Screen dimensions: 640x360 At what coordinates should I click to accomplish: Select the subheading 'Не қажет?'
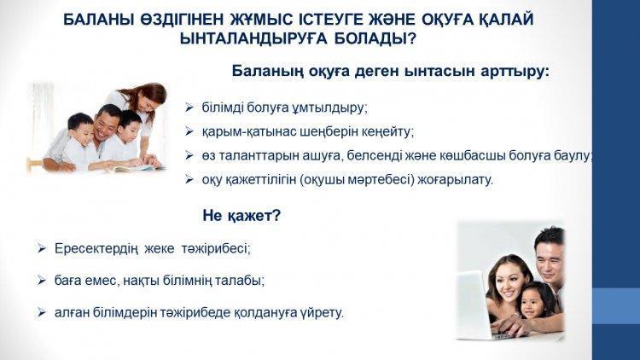(x=241, y=216)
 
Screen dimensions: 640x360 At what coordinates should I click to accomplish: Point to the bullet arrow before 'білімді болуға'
(x=189, y=107)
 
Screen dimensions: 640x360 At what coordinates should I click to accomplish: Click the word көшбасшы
(x=472, y=156)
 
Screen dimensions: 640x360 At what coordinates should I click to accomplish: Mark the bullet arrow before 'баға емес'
(x=41, y=281)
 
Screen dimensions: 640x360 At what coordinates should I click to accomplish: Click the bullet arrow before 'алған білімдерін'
(x=41, y=312)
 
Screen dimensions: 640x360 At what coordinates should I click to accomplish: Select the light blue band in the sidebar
(x=616, y=306)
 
